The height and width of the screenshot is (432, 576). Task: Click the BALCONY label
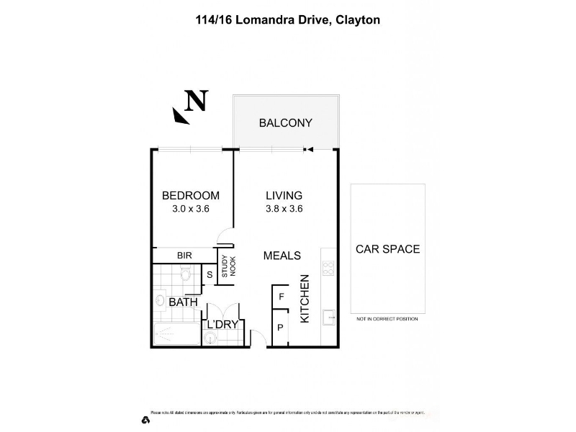[x=285, y=123]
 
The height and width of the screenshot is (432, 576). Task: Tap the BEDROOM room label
[x=190, y=196]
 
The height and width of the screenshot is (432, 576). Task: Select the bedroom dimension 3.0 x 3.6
[x=190, y=210]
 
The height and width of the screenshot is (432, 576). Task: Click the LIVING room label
[x=284, y=196]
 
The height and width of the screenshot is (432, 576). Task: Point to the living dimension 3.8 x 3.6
[x=284, y=210]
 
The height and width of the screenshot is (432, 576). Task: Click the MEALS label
[x=282, y=256]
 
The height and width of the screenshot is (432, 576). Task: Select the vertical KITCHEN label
[x=305, y=298]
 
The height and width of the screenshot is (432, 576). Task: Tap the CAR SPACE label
[x=387, y=249]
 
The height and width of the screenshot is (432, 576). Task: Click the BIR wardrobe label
[x=185, y=256]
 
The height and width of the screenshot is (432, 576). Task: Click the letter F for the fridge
[x=282, y=296]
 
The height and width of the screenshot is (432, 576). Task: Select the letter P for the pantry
[x=281, y=328]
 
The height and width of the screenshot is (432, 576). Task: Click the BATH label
[x=183, y=302]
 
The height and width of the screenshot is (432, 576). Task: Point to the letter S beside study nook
[x=210, y=274]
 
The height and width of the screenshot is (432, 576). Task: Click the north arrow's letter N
[x=196, y=101]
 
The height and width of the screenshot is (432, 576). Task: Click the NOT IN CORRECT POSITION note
[x=387, y=318]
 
